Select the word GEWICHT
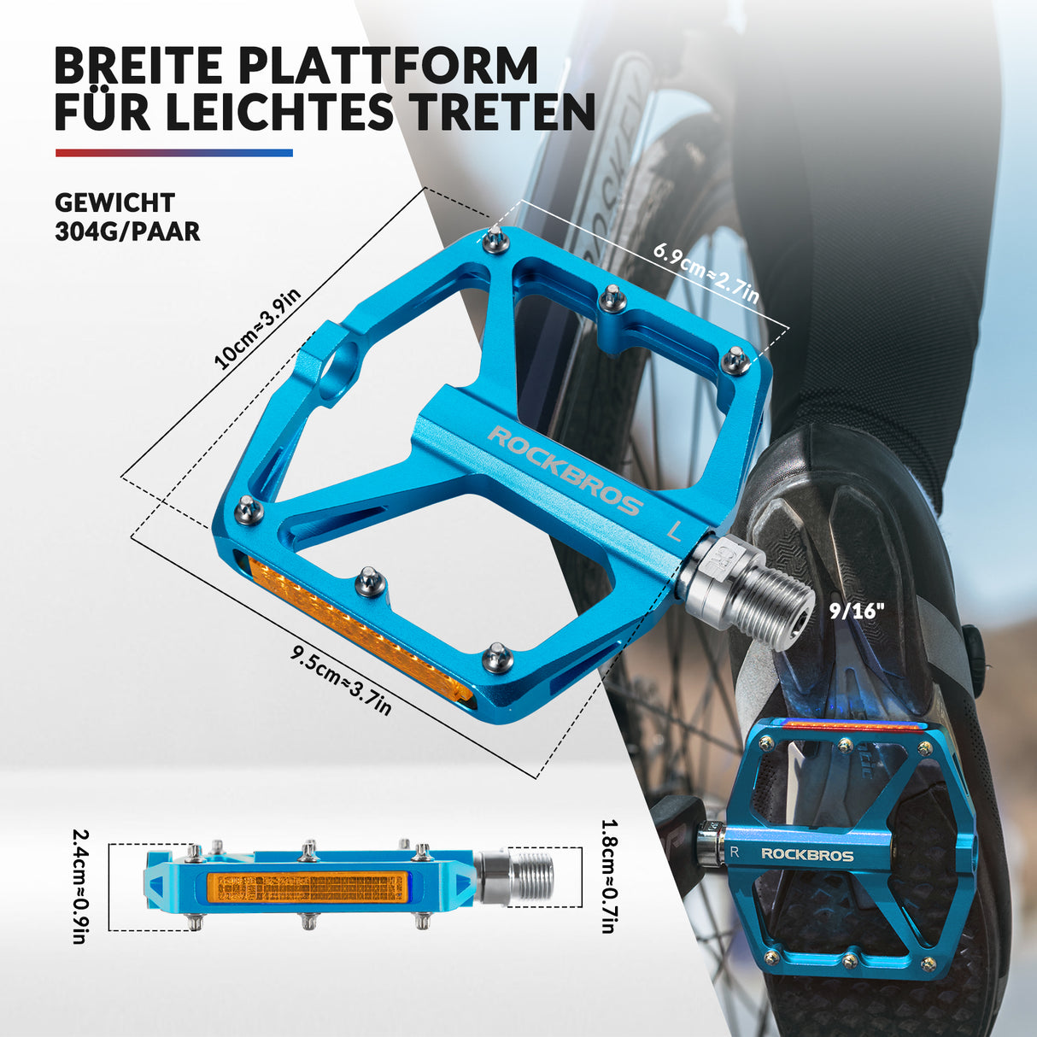pos(115,203)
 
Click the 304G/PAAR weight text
pos(127,231)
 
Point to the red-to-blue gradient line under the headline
pos(174,153)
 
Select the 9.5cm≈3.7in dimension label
pos(341,682)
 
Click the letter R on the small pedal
pos(734,852)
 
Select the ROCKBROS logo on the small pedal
pos(807,855)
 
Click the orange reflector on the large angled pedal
pos(360,630)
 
